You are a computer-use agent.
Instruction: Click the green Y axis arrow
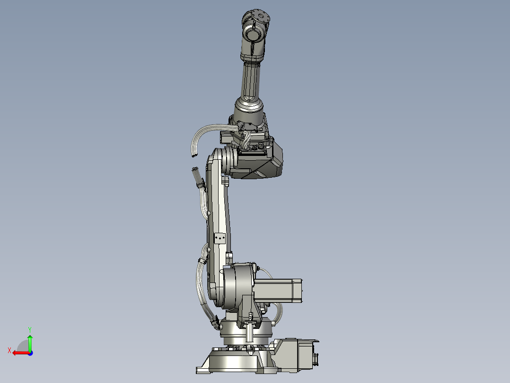(30, 342)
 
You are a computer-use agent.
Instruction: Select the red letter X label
(9, 350)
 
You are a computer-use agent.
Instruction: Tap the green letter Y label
(29, 328)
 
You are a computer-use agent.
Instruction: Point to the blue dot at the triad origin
(30, 353)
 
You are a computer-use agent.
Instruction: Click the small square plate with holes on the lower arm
(220, 237)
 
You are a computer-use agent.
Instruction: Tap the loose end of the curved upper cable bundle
(193, 155)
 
